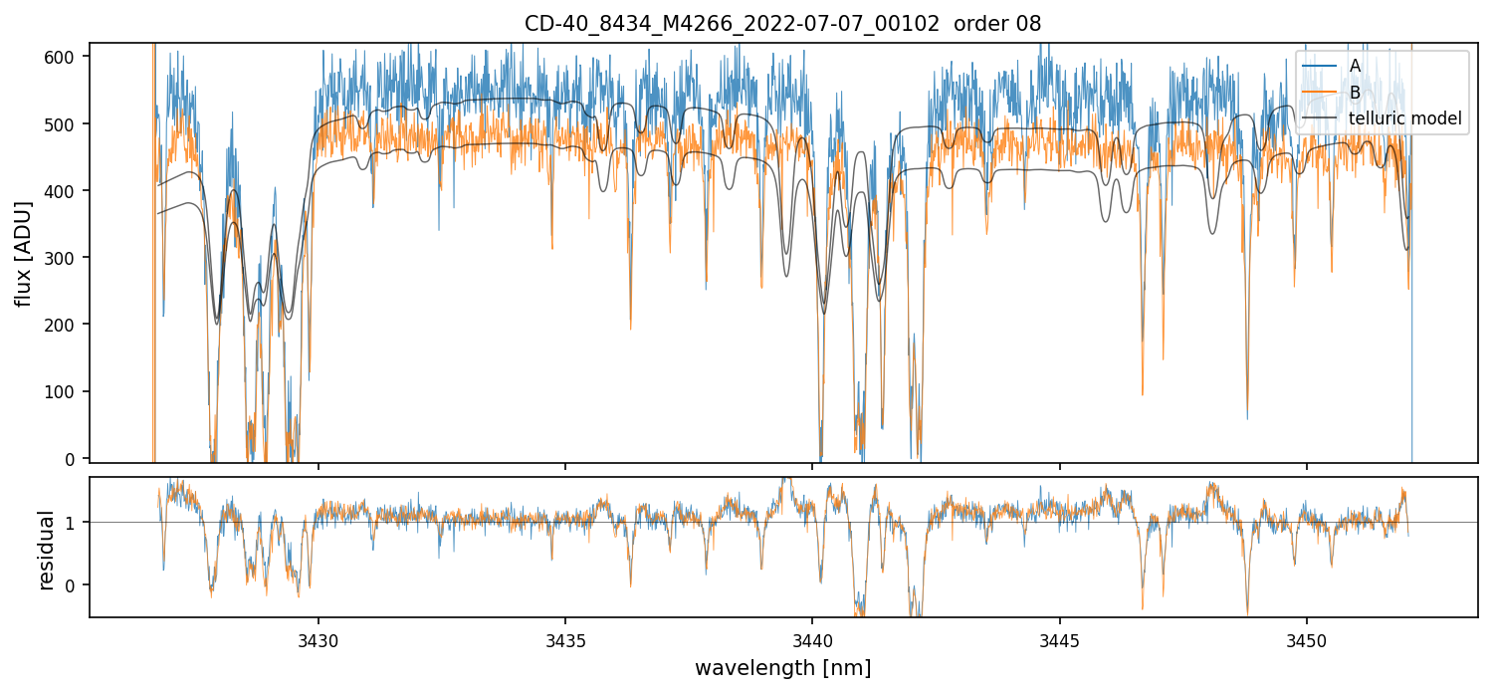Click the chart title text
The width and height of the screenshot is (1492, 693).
click(x=782, y=24)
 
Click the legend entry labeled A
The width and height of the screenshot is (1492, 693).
click(x=1355, y=66)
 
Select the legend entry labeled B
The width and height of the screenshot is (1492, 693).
click(x=1355, y=93)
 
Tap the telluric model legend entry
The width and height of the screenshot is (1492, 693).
click(x=1404, y=118)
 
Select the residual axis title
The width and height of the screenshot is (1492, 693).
click(x=45, y=550)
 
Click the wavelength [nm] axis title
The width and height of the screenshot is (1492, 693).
click(x=782, y=668)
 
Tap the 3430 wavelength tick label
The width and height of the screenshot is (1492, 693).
click(x=319, y=638)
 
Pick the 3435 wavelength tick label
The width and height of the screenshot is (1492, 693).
click(x=565, y=638)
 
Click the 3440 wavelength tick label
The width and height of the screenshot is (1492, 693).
click(x=812, y=638)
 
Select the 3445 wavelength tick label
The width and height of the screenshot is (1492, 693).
click(x=1059, y=638)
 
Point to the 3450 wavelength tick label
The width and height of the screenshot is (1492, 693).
click(x=1306, y=638)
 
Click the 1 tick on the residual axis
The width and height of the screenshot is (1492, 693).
click(x=75, y=523)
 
